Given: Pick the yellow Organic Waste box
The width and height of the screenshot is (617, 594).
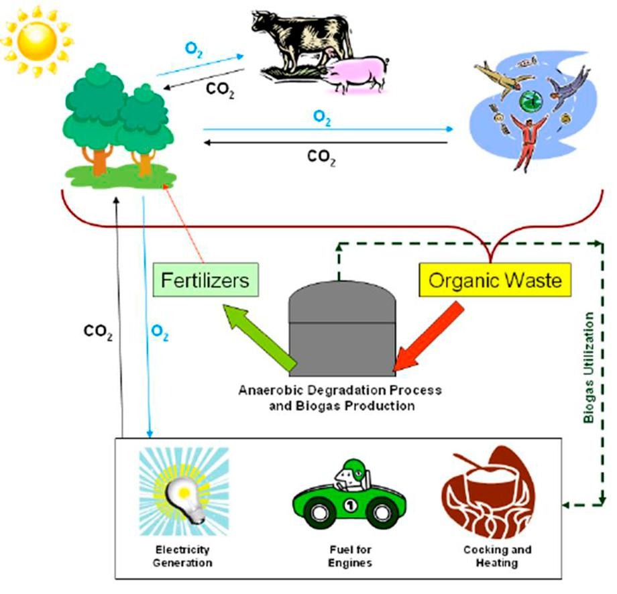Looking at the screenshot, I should click(496, 280).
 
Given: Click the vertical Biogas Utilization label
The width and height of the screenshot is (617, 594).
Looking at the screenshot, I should click(588, 366).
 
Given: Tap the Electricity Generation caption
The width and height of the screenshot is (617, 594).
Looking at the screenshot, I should click(182, 556).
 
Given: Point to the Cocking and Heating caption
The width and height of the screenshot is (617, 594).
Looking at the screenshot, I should click(497, 556).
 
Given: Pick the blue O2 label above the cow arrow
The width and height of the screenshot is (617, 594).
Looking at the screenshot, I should click(191, 51).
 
